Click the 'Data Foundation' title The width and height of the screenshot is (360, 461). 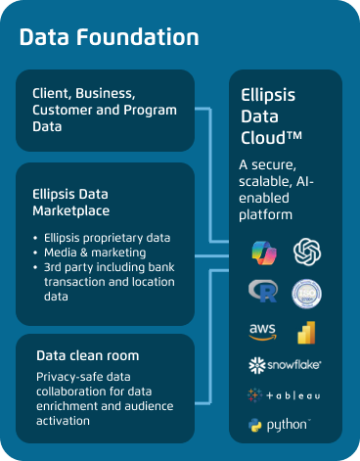(x=109, y=38)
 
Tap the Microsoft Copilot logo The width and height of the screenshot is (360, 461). (x=261, y=251)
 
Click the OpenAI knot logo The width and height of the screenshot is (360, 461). (x=307, y=251)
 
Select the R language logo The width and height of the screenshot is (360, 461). (x=262, y=292)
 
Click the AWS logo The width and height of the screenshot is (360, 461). (x=262, y=331)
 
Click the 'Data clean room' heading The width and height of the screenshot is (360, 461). (x=87, y=355)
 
